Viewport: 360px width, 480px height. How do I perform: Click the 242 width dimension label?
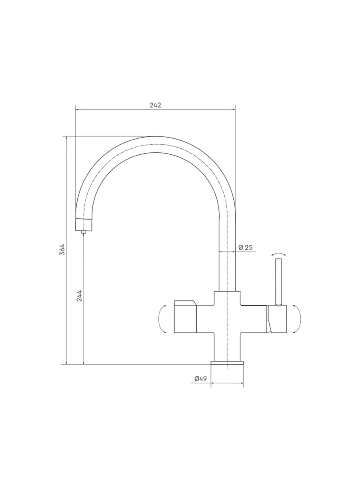tap(156, 105)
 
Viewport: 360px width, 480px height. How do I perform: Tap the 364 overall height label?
tap(62, 249)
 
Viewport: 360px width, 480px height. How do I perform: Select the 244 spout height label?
tap(79, 296)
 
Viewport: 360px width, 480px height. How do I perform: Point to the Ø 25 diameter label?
tap(245, 247)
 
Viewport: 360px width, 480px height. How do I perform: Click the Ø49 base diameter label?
tap(200, 379)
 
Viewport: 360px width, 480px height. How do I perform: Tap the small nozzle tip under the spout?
tap(83, 232)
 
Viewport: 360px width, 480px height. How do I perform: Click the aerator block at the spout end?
tap(84, 224)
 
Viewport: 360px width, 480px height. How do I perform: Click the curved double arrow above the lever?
tap(278, 254)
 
